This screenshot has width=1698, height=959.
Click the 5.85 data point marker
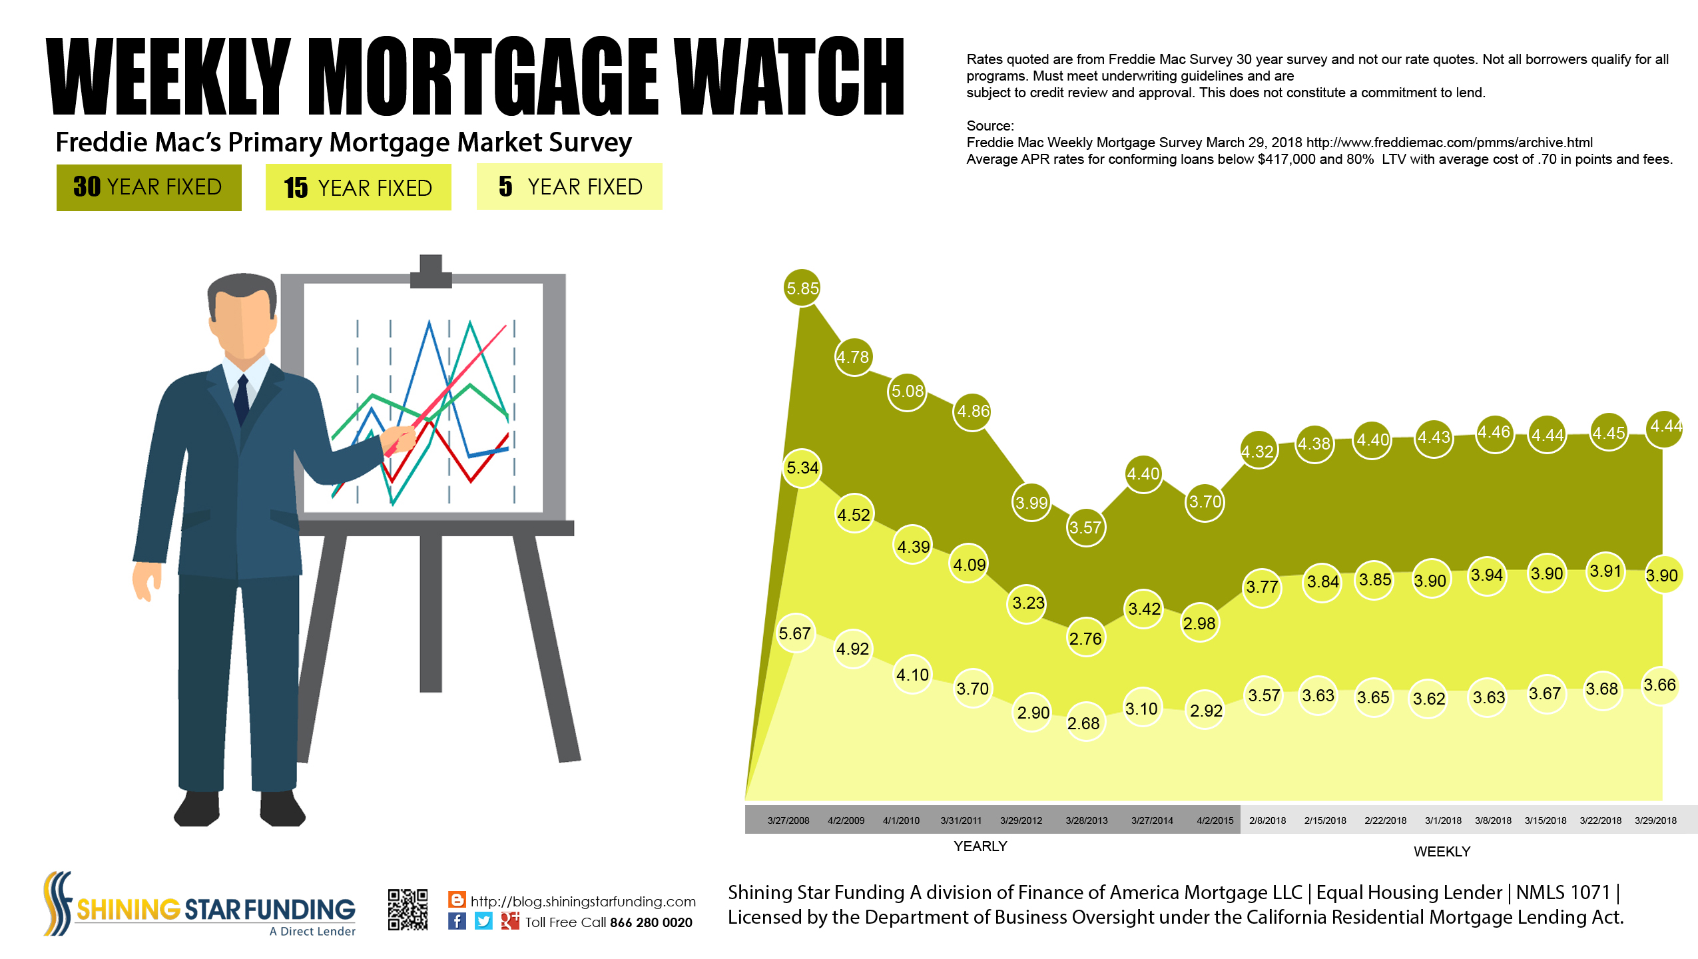coord(802,288)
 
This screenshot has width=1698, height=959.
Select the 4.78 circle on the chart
coord(853,357)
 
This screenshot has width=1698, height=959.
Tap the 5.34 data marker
coord(802,468)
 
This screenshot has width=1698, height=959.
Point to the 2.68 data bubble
coord(1083,723)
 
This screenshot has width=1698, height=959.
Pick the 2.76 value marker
coord(1085,639)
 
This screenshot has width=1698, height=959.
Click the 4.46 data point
coord(1494,433)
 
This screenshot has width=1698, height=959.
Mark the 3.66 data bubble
coord(1659,685)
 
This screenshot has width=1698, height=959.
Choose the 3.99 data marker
coord(1031,503)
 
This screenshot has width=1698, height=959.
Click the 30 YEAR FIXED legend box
coord(149,188)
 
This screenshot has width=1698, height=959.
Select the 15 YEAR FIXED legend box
coord(358,188)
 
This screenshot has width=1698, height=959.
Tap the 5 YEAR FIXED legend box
coord(569,186)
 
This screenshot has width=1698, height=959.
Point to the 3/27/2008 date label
coord(788,820)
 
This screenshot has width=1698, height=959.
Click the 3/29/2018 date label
coord(1655,820)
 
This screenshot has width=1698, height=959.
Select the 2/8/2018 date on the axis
coord(1267,820)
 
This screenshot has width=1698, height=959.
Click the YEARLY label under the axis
coord(980,846)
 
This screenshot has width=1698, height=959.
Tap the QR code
coord(408,909)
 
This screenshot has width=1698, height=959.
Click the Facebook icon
coord(457,921)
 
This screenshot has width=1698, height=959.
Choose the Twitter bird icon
coord(483,921)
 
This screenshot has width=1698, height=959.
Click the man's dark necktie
coord(242,399)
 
